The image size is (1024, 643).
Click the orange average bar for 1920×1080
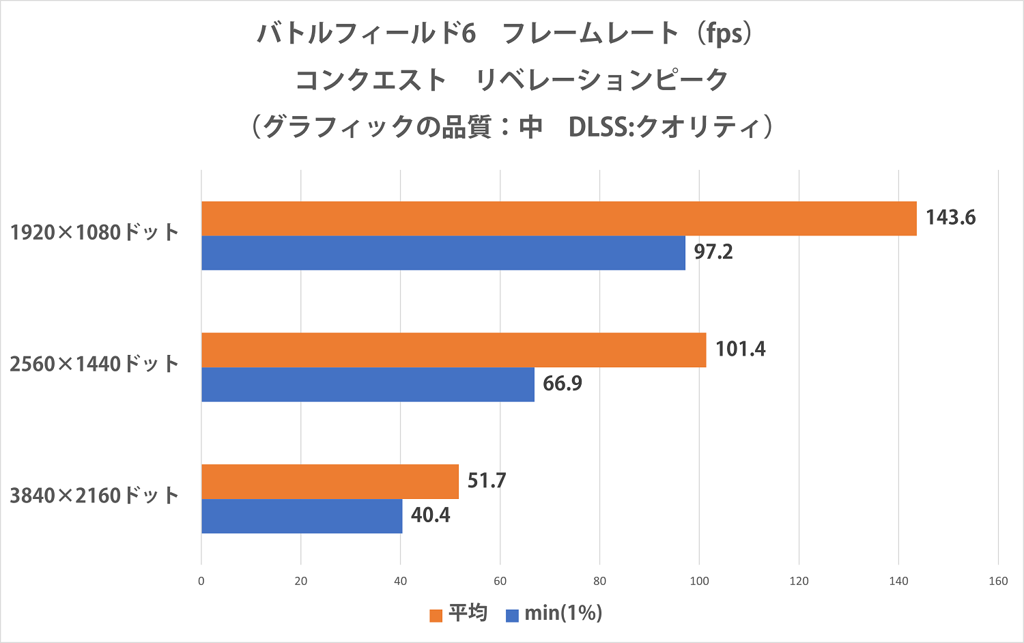558,218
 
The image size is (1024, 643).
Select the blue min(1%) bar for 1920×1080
443,253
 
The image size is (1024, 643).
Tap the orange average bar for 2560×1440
453,350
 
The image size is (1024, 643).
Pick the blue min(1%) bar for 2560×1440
367,385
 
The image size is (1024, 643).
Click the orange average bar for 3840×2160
330,482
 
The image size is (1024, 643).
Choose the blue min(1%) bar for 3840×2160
302,517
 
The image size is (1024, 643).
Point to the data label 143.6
950,218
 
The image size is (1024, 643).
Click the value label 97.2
713,252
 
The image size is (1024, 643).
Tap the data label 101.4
740,349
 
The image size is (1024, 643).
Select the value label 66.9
563,384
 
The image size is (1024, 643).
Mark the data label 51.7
487,481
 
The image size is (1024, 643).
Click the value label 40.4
430,515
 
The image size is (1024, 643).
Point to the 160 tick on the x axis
998,581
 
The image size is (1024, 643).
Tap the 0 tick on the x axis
201,581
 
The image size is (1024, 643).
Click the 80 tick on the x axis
600,581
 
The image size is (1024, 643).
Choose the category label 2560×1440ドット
94,365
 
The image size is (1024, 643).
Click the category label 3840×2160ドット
94,496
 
